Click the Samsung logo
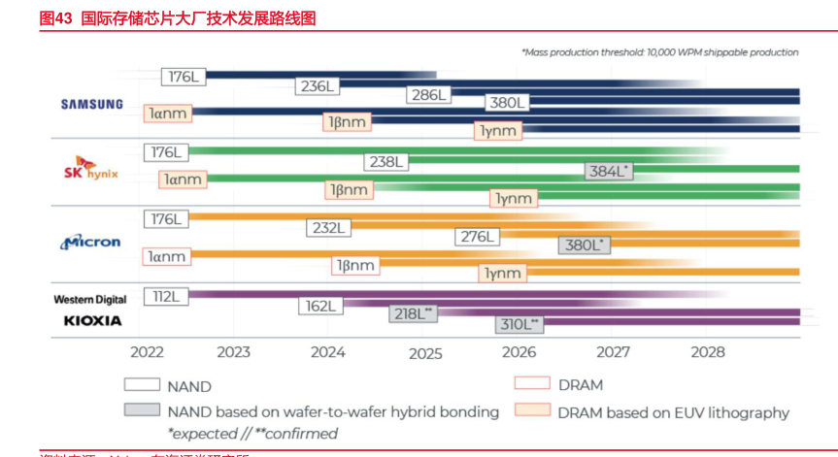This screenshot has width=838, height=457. tap(92, 104)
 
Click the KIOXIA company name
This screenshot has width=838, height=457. tap(92, 319)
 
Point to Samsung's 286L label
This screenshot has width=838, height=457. tap(427, 94)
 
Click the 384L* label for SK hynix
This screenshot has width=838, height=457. tap(610, 171)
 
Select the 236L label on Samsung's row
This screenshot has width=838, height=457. tap(318, 86)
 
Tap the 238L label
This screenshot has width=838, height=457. tap(385, 162)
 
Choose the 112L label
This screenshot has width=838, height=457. tap(165, 296)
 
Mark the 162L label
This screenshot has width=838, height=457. tap(319, 306)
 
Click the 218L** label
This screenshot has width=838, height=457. tap(414, 313)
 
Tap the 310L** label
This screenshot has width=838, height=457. tap(520, 323)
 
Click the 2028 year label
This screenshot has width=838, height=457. tap(707, 352)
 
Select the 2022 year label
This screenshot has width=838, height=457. tap(147, 352)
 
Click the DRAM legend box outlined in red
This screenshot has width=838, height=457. tap(533, 385)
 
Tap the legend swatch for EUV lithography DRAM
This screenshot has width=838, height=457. tap(533, 411)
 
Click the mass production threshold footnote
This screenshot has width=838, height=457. tap(659, 51)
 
